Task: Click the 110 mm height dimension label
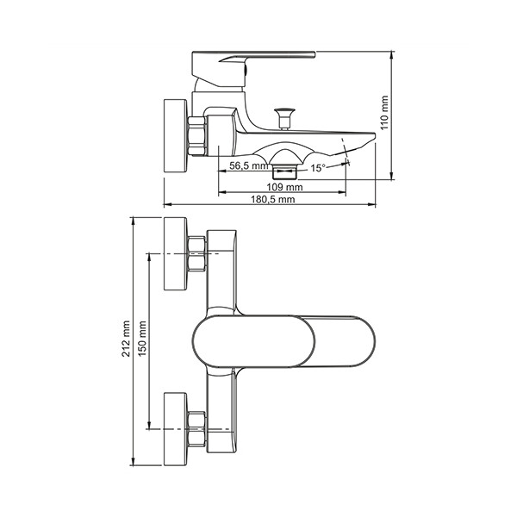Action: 384,113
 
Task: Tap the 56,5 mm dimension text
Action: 249,165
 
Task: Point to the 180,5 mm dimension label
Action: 273,199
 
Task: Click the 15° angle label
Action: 318,168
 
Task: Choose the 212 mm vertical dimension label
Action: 126,339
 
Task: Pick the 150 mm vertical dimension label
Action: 142,339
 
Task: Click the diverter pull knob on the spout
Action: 284,118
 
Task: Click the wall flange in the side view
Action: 176,135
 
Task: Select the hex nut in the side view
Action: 196,136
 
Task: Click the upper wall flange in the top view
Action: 176,254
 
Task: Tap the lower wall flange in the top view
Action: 176,429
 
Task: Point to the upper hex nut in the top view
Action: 196,254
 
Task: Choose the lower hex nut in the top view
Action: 196,429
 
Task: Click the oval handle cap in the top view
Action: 253,341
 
